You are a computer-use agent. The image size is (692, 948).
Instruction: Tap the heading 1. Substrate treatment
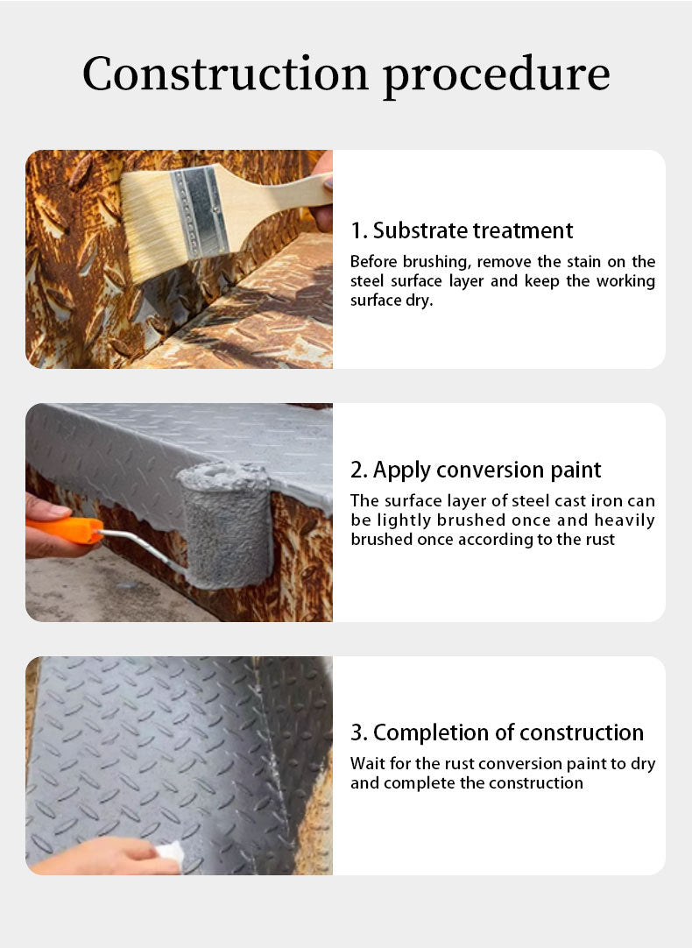click(x=462, y=230)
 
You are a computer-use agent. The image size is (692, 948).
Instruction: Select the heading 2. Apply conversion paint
click(x=476, y=470)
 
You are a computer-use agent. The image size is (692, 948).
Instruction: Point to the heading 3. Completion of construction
click(x=497, y=732)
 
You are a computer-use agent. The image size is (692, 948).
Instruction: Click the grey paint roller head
click(x=228, y=526)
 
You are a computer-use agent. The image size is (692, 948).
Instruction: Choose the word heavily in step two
click(x=625, y=520)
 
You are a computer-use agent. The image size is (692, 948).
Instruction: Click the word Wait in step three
click(x=366, y=764)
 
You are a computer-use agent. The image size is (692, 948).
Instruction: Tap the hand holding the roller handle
click(x=48, y=526)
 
